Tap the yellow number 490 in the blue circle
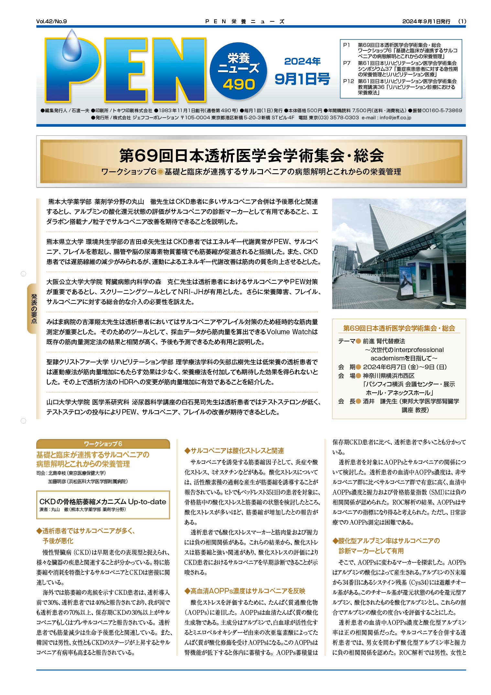[239, 84]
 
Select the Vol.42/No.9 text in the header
[51, 21]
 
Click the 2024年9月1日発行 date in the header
[426, 21]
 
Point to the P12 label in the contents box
[348, 81]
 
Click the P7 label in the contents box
[347, 63]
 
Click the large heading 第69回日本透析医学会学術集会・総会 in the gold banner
[251, 156]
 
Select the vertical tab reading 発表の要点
[34, 308]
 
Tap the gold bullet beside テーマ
[358, 341]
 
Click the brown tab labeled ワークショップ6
[103, 444]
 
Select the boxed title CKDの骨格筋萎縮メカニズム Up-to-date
[103, 502]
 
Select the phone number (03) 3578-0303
[339, 118]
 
